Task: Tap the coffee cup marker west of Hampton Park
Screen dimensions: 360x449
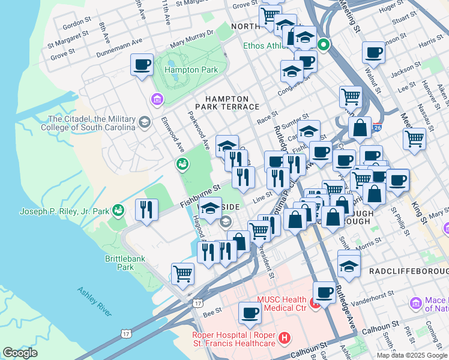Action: [142, 65]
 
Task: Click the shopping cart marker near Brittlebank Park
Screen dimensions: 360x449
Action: [182, 274]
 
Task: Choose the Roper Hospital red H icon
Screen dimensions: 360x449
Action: [285, 339]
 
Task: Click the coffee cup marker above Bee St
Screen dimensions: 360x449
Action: [250, 313]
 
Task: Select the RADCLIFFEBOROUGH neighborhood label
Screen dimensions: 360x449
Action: [408, 271]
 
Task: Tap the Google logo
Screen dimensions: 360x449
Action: [20, 353]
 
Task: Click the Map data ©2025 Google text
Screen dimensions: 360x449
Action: [412, 355]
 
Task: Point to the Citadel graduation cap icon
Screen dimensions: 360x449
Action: [144, 123]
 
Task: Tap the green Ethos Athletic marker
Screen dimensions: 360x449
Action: [324, 44]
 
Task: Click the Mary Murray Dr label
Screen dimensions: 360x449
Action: [191, 39]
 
